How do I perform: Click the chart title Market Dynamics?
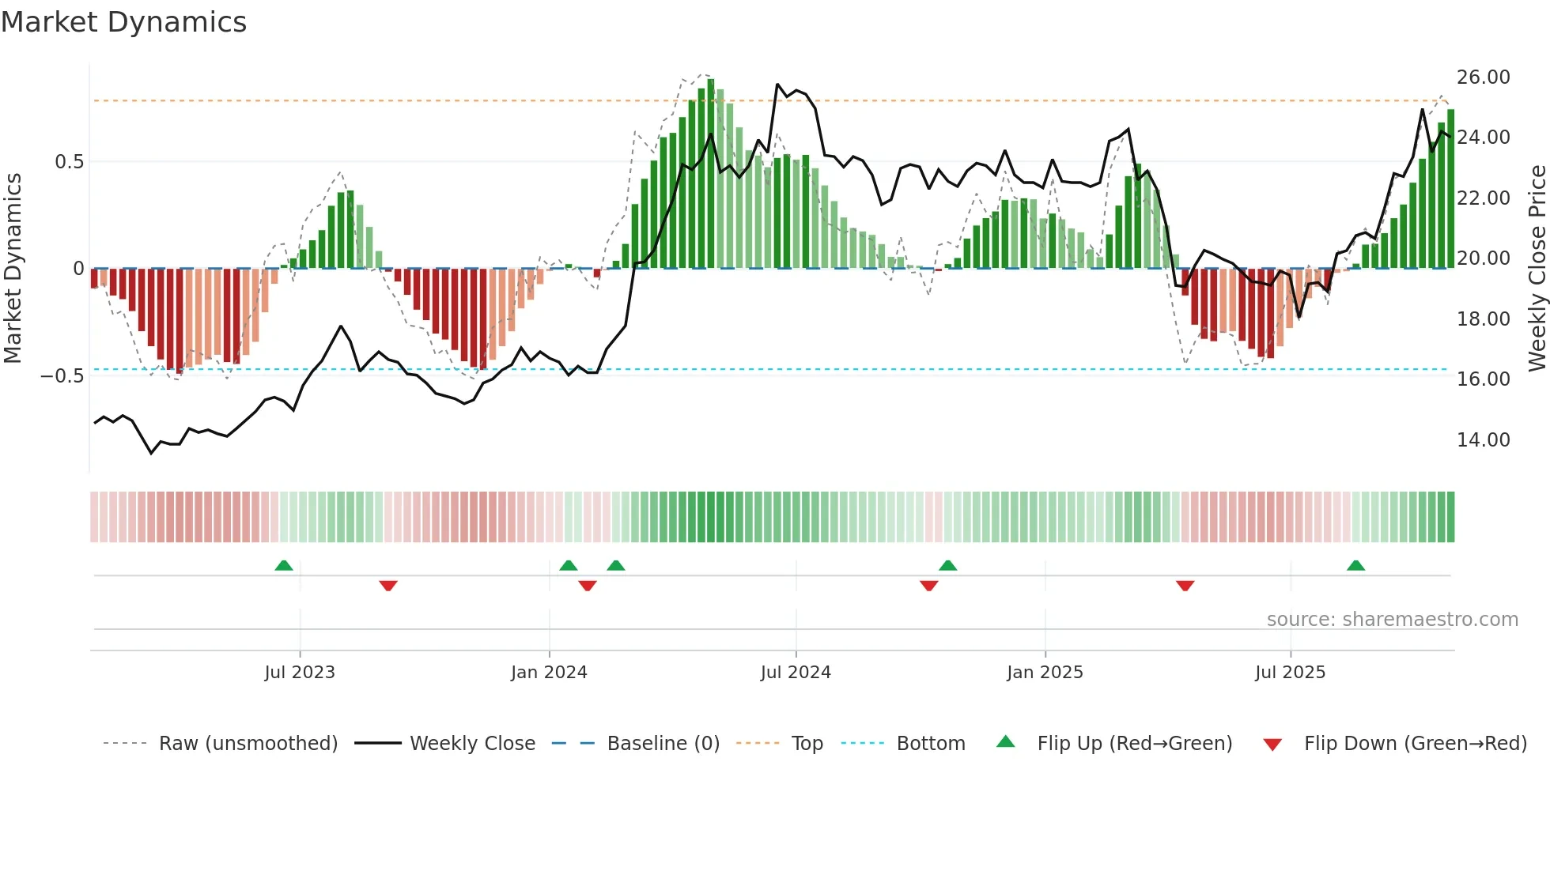pos(123,22)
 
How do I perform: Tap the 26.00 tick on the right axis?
pos(1483,77)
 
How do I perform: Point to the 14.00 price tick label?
pos(1483,440)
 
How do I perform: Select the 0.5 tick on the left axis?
pos(69,162)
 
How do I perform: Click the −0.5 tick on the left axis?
pos(62,376)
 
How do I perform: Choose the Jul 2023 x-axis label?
pos(300,673)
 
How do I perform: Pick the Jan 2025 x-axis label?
pos(1045,673)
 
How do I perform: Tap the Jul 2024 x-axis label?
pos(796,673)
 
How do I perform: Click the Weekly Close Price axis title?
pos(1537,268)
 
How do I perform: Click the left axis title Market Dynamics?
pos(13,268)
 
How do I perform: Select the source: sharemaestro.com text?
pos(1392,620)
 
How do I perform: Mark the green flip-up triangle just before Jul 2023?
pos(284,565)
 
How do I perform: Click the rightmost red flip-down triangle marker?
pos(1185,586)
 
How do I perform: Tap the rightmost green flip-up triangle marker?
pos(1355,565)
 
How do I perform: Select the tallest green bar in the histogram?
pos(711,174)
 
